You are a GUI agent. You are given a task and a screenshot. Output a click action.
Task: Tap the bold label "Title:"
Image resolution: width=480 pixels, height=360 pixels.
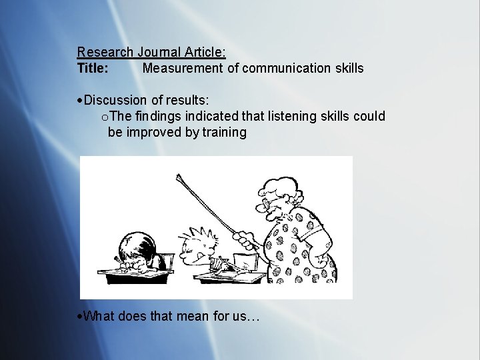(93, 68)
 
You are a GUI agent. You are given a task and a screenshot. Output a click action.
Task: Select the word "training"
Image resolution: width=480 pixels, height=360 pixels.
(224, 132)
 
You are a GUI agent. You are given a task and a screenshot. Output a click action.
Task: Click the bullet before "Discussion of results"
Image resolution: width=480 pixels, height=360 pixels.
(80, 101)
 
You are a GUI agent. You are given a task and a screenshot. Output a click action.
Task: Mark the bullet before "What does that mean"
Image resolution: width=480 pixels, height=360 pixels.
(80, 316)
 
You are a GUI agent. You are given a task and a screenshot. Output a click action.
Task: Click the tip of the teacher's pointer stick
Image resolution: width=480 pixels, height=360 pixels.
(179, 176)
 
